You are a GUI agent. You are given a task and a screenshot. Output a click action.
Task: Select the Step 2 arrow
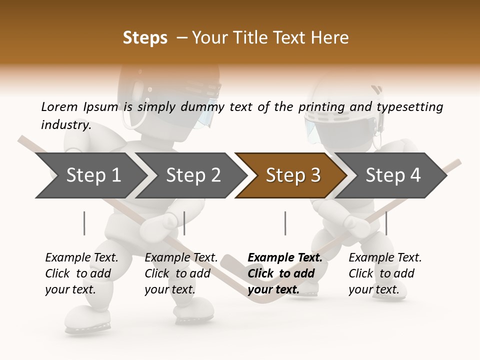tap(192, 175)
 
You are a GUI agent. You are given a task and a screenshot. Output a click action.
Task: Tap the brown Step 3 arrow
tap(292, 175)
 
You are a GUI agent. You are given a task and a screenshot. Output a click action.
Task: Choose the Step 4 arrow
tap(392, 175)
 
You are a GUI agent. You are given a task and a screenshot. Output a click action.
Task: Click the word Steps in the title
tap(145, 38)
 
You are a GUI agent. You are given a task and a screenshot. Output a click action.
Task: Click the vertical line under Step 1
tap(84, 223)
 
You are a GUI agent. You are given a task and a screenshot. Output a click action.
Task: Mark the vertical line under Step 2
tap(184, 223)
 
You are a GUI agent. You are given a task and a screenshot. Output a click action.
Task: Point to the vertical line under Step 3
tap(285, 223)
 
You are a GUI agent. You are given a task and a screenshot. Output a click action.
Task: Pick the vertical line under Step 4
tap(386, 223)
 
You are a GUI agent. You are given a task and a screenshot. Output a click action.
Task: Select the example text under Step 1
tap(81, 273)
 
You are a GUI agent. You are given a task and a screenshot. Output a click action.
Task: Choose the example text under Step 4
tap(385, 273)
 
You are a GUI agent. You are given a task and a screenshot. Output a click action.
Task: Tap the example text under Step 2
tap(181, 273)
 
